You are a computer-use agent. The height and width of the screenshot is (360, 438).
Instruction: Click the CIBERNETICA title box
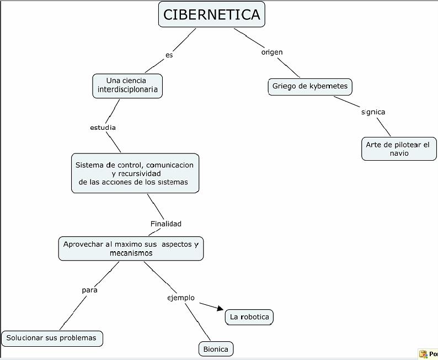[211, 14]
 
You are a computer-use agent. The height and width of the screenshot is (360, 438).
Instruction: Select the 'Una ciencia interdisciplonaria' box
[127, 86]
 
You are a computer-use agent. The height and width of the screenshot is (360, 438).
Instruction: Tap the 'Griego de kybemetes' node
[310, 87]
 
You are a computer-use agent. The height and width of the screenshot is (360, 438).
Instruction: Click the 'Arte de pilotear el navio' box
[399, 149]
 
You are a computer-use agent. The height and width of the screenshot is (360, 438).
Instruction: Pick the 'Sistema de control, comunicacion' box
[135, 173]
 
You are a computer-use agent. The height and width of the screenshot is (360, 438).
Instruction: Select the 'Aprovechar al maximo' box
[131, 248]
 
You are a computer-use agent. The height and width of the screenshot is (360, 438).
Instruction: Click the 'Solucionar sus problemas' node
[52, 338]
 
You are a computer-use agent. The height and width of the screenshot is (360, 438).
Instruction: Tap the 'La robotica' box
[249, 317]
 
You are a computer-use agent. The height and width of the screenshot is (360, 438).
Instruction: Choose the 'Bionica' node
[216, 349]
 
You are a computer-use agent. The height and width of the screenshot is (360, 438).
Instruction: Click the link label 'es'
[169, 55]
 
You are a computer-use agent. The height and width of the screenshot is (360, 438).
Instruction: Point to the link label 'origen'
[272, 52]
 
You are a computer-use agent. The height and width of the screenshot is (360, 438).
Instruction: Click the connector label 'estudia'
[103, 128]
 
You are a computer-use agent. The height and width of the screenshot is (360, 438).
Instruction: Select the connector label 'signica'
[373, 112]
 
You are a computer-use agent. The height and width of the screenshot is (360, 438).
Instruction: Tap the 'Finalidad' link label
[166, 224]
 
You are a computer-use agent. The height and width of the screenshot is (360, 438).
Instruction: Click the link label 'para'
[90, 290]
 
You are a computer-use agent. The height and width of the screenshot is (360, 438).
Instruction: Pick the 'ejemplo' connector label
[181, 298]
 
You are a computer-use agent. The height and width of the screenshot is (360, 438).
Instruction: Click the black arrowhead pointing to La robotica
[221, 308]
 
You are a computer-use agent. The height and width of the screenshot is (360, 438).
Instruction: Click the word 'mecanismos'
[131, 253]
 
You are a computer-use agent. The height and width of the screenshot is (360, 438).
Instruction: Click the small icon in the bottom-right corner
[423, 354]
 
